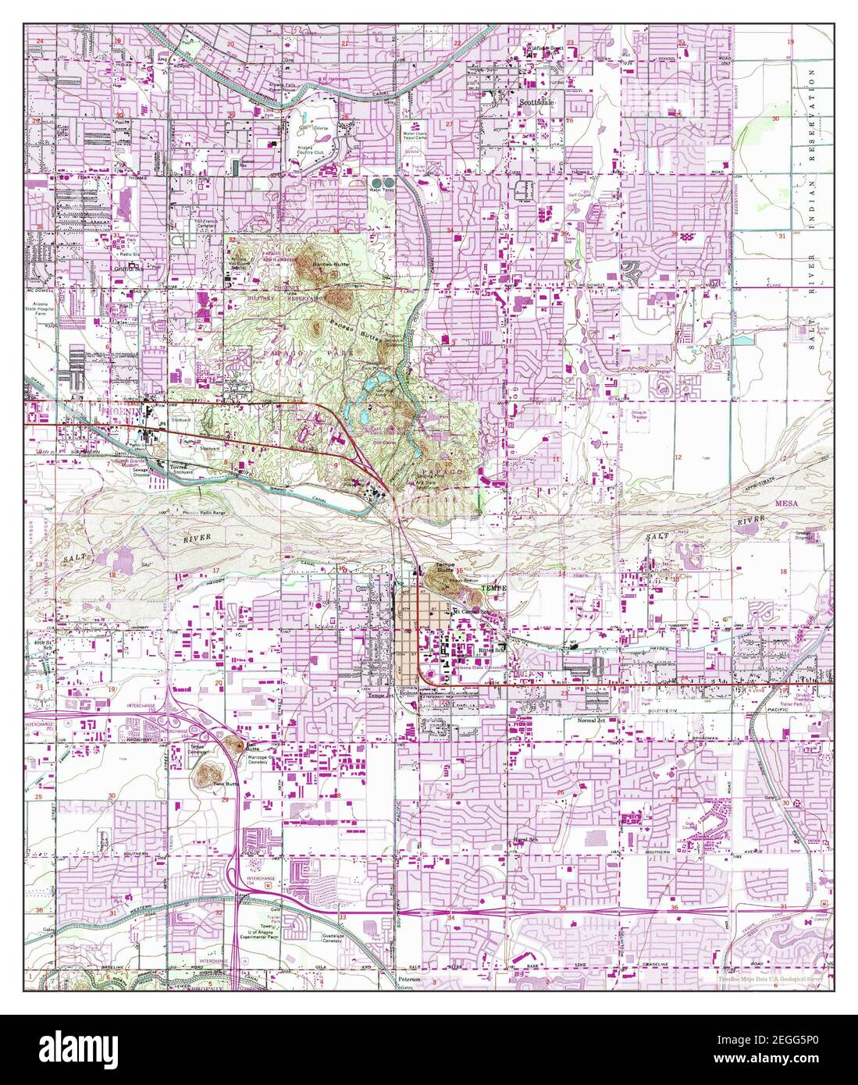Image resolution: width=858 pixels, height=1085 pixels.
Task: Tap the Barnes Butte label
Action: click(329, 265)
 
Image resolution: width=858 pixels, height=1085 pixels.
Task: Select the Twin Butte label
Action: click(226, 784)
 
